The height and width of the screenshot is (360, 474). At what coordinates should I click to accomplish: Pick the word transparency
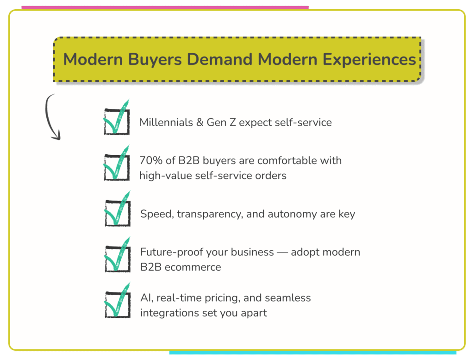click(x=200, y=215)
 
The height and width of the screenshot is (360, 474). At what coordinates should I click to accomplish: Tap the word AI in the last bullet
click(x=145, y=297)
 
